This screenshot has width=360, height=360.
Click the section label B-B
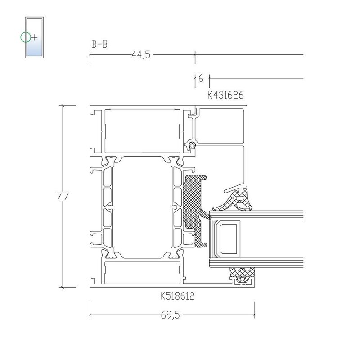[x=99, y=44]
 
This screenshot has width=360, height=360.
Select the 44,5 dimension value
[x=141, y=55]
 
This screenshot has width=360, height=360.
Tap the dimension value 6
[x=201, y=79]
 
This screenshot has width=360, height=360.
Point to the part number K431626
[x=225, y=95]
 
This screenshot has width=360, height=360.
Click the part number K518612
[x=177, y=296]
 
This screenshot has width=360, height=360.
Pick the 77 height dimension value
[x=63, y=197]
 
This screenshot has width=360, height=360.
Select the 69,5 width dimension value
[x=171, y=315]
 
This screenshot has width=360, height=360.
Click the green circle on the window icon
[x=25, y=37]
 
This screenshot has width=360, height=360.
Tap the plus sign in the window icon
[x=34, y=37]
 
